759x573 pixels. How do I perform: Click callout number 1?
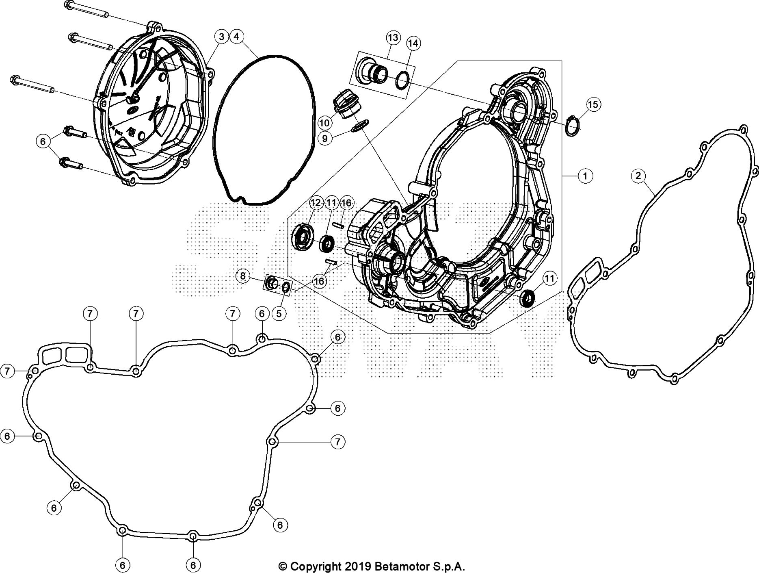coord(585,176)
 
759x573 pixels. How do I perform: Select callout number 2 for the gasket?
coord(638,176)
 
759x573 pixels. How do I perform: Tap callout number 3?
coord(221,37)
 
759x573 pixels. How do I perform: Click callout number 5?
coord(279,313)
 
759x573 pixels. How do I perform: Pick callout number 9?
coord(325,139)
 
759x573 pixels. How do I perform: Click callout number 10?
coord(325,122)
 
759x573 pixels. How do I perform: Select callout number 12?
coord(316,202)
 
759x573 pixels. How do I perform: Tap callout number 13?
coord(393,38)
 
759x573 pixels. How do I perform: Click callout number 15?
coord(593,104)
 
